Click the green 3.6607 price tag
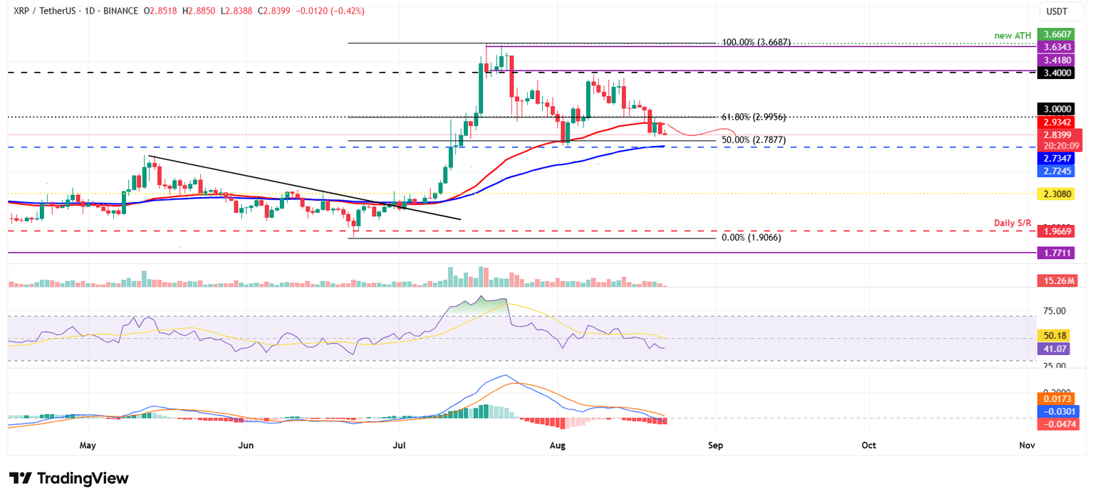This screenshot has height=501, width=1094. [1059, 34]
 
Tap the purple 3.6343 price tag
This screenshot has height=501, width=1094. [1059, 47]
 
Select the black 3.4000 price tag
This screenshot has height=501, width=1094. [1059, 73]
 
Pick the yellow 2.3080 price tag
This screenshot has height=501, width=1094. [1059, 193]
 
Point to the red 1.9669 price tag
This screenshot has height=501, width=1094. [1059, 231]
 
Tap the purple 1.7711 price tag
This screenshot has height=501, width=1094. [1059, 253]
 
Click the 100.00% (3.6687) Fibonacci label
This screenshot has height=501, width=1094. [756, 43]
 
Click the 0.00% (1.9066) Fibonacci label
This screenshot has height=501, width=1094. [751, 238]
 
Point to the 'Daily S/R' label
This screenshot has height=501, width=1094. [1012, 223]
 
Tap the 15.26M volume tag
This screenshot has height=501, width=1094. [1059, 281]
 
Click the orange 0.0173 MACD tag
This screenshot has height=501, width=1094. [1059, 399]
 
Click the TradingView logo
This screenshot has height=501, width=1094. [69, 478]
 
